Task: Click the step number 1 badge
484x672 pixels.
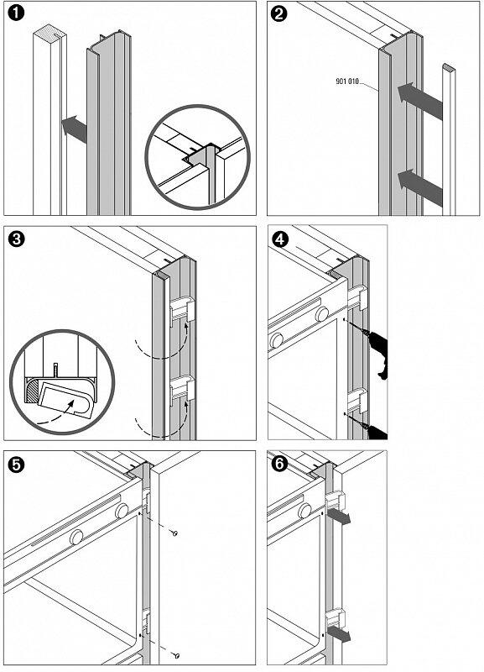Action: coord(16,13)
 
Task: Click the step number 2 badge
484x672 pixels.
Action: coord(279,13)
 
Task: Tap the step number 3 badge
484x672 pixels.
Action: coord(16,239)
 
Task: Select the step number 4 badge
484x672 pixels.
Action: coord(280,239)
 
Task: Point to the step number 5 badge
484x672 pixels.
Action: coord(16,465)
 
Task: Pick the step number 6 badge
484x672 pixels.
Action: coord(280,465)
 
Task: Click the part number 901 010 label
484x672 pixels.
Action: coord(347,81)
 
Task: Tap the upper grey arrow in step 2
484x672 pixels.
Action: coord(419,101)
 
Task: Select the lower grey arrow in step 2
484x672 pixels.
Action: coord(419,187)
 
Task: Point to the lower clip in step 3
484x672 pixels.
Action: coord(183,391)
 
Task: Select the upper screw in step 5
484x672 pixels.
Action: coord(174,533)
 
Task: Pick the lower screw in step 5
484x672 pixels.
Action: coord(176,655)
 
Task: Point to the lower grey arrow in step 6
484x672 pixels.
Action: coord(339,634)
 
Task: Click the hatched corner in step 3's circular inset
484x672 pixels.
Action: coord(32,391)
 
